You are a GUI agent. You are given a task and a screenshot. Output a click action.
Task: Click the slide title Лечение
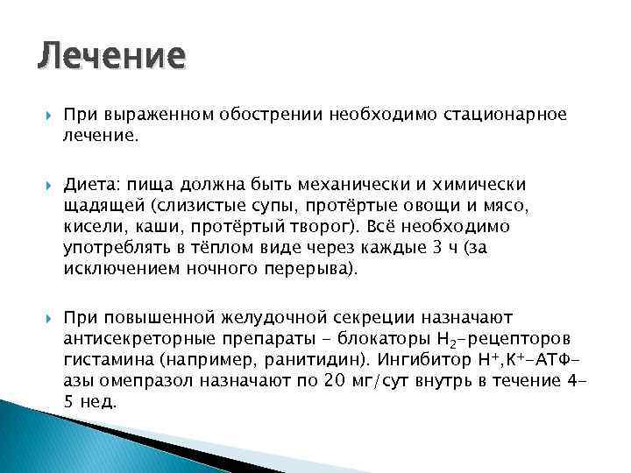[111, 57]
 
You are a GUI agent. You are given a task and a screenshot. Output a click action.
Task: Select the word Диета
[91, 185]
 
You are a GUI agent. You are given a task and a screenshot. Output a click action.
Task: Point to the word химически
[476, 185]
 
